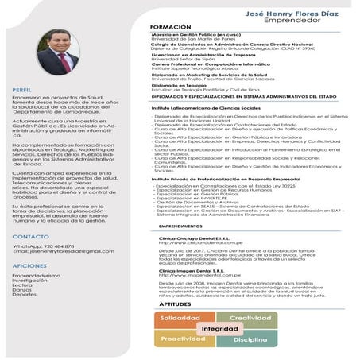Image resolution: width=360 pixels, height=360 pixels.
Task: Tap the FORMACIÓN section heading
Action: [170, 27]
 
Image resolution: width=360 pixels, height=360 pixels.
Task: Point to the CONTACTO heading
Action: [30, 237]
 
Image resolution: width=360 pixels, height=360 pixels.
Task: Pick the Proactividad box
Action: [184, 339]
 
